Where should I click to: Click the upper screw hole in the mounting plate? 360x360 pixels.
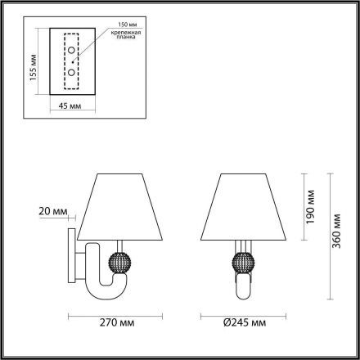(x=72, y=52)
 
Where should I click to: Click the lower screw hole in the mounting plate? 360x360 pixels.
(x=72, y=72)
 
